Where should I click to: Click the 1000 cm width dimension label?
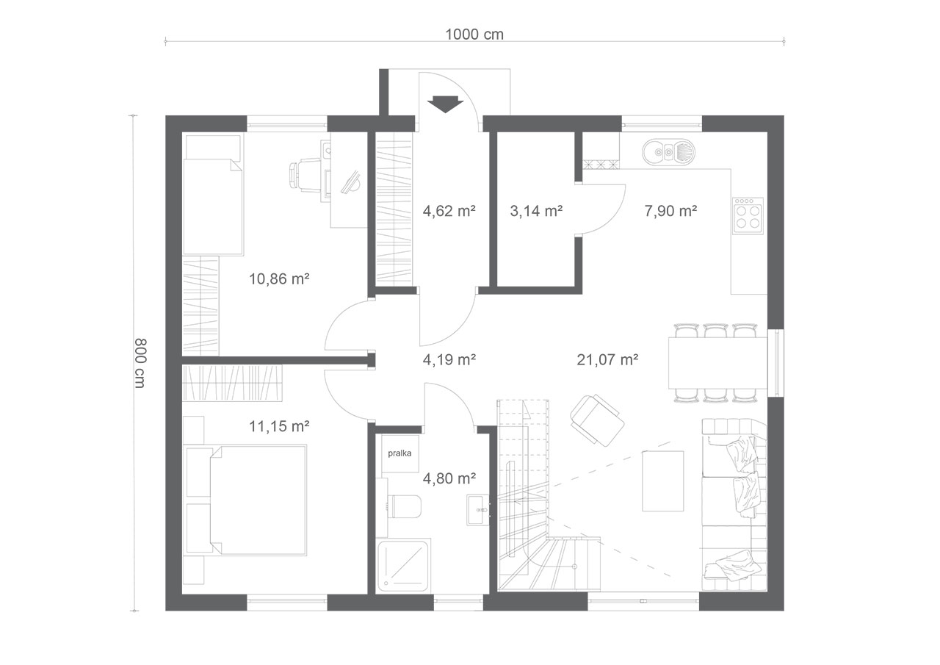[x=474, y=35]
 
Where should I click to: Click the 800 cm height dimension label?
[x=140, y=363]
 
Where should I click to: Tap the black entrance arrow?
[x=445, y=104]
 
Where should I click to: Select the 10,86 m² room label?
[x=280, y=278]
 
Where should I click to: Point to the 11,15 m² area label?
[x=280, y=426]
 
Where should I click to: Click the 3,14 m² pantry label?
[x=536, y=211]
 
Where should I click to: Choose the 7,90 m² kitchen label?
[x=670, y=211]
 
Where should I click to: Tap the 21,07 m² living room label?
[x=607, y=360]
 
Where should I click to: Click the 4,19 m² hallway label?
[x=449, y=360]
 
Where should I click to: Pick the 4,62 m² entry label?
[x=449, y=211]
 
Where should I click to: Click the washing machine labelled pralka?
[x=400, y=453]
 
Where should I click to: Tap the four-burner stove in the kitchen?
[x=748, y=216]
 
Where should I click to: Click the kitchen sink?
[x=668, y=151]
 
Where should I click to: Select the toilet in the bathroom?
[x=404, y=507]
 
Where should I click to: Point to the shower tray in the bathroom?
[x=404, y=567]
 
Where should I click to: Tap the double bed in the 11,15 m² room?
[x=257, y=500]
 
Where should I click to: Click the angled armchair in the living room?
[x=597, y=420]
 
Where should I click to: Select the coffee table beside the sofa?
[x=663, y=481]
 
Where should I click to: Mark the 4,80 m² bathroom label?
[x=449, y=478]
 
